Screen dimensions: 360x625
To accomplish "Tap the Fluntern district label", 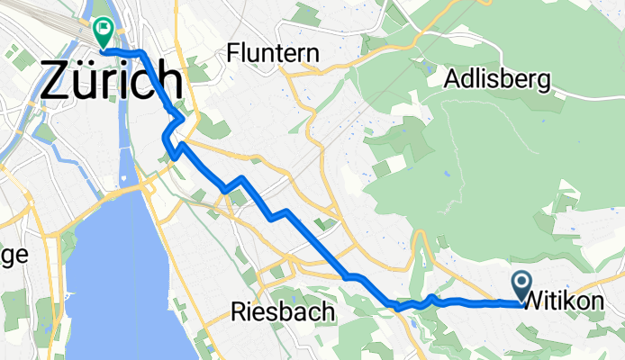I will (274, 53).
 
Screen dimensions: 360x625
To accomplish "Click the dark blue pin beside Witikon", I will (522, 284).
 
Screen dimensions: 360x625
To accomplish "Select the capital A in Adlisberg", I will (453, 80).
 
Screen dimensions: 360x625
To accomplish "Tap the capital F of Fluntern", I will (235, 53).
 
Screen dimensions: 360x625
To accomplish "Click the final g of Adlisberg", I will (543, 84).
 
